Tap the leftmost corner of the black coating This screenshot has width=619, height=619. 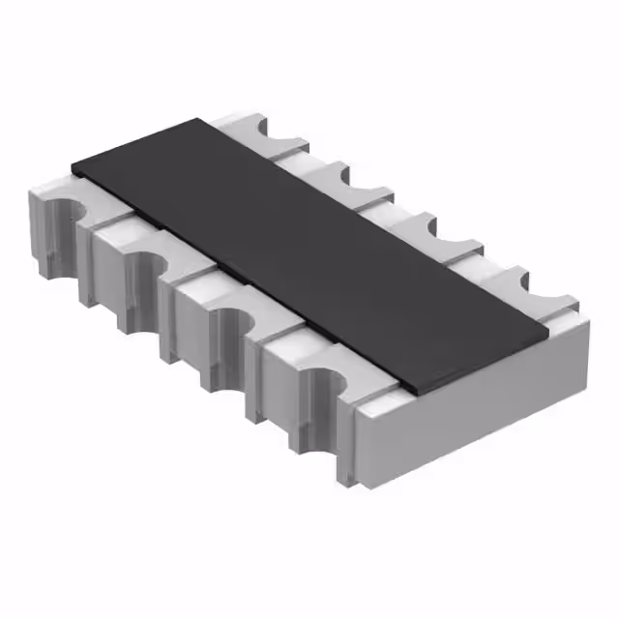[72, 165]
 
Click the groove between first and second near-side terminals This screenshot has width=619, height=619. [92, 232]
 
